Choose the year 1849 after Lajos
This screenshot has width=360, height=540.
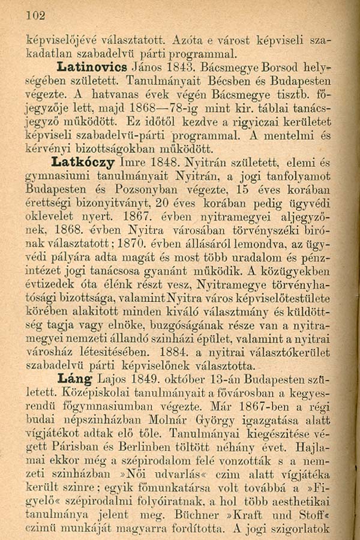(154, 379)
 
